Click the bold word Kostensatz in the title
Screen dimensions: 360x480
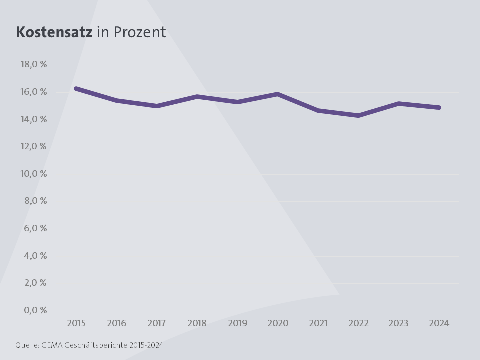[54, 32]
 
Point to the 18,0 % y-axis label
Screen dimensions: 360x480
[33, 64]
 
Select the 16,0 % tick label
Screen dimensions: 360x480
[33, 92]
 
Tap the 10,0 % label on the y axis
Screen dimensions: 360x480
[33, 174]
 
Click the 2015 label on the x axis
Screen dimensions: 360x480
[76, 323]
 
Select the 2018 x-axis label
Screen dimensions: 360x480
[197, 323]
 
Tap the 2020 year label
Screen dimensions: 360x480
[278, 323]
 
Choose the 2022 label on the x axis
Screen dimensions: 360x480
[358, 323]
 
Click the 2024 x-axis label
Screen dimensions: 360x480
[439, 323]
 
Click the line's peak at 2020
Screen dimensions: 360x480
[278, 94]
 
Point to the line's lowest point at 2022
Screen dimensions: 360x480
[358, 115]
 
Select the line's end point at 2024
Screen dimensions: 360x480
[439, 107]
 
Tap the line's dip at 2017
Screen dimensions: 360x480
[157, 106]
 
